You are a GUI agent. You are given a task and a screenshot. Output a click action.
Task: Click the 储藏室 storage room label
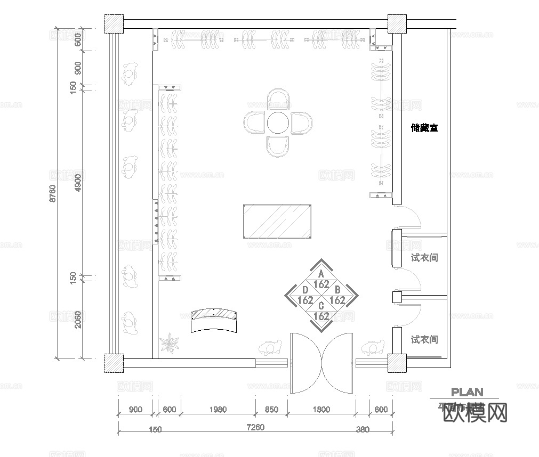424,128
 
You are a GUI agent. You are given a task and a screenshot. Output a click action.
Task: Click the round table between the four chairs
277,123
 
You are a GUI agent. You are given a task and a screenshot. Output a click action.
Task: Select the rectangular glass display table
277,221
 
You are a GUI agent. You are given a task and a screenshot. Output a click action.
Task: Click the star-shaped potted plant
171,344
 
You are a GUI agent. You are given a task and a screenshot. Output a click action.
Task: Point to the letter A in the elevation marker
321,274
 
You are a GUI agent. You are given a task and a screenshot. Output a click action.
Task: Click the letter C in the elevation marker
321,306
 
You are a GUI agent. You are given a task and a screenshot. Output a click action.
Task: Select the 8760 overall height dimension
52,193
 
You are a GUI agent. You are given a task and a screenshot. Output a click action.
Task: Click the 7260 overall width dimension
256,427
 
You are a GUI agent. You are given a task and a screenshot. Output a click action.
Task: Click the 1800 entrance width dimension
321,410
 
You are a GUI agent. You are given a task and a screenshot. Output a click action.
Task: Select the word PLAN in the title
467,392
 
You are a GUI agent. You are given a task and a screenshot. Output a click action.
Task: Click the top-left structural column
114,23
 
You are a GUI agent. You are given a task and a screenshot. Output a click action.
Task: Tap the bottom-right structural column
397,363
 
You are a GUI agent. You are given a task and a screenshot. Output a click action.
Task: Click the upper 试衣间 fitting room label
424,258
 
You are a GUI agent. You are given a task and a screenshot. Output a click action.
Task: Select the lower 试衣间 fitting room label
424,339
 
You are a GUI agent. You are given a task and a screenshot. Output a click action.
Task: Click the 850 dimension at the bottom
271,410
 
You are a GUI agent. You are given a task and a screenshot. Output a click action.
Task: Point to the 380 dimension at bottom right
363,429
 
